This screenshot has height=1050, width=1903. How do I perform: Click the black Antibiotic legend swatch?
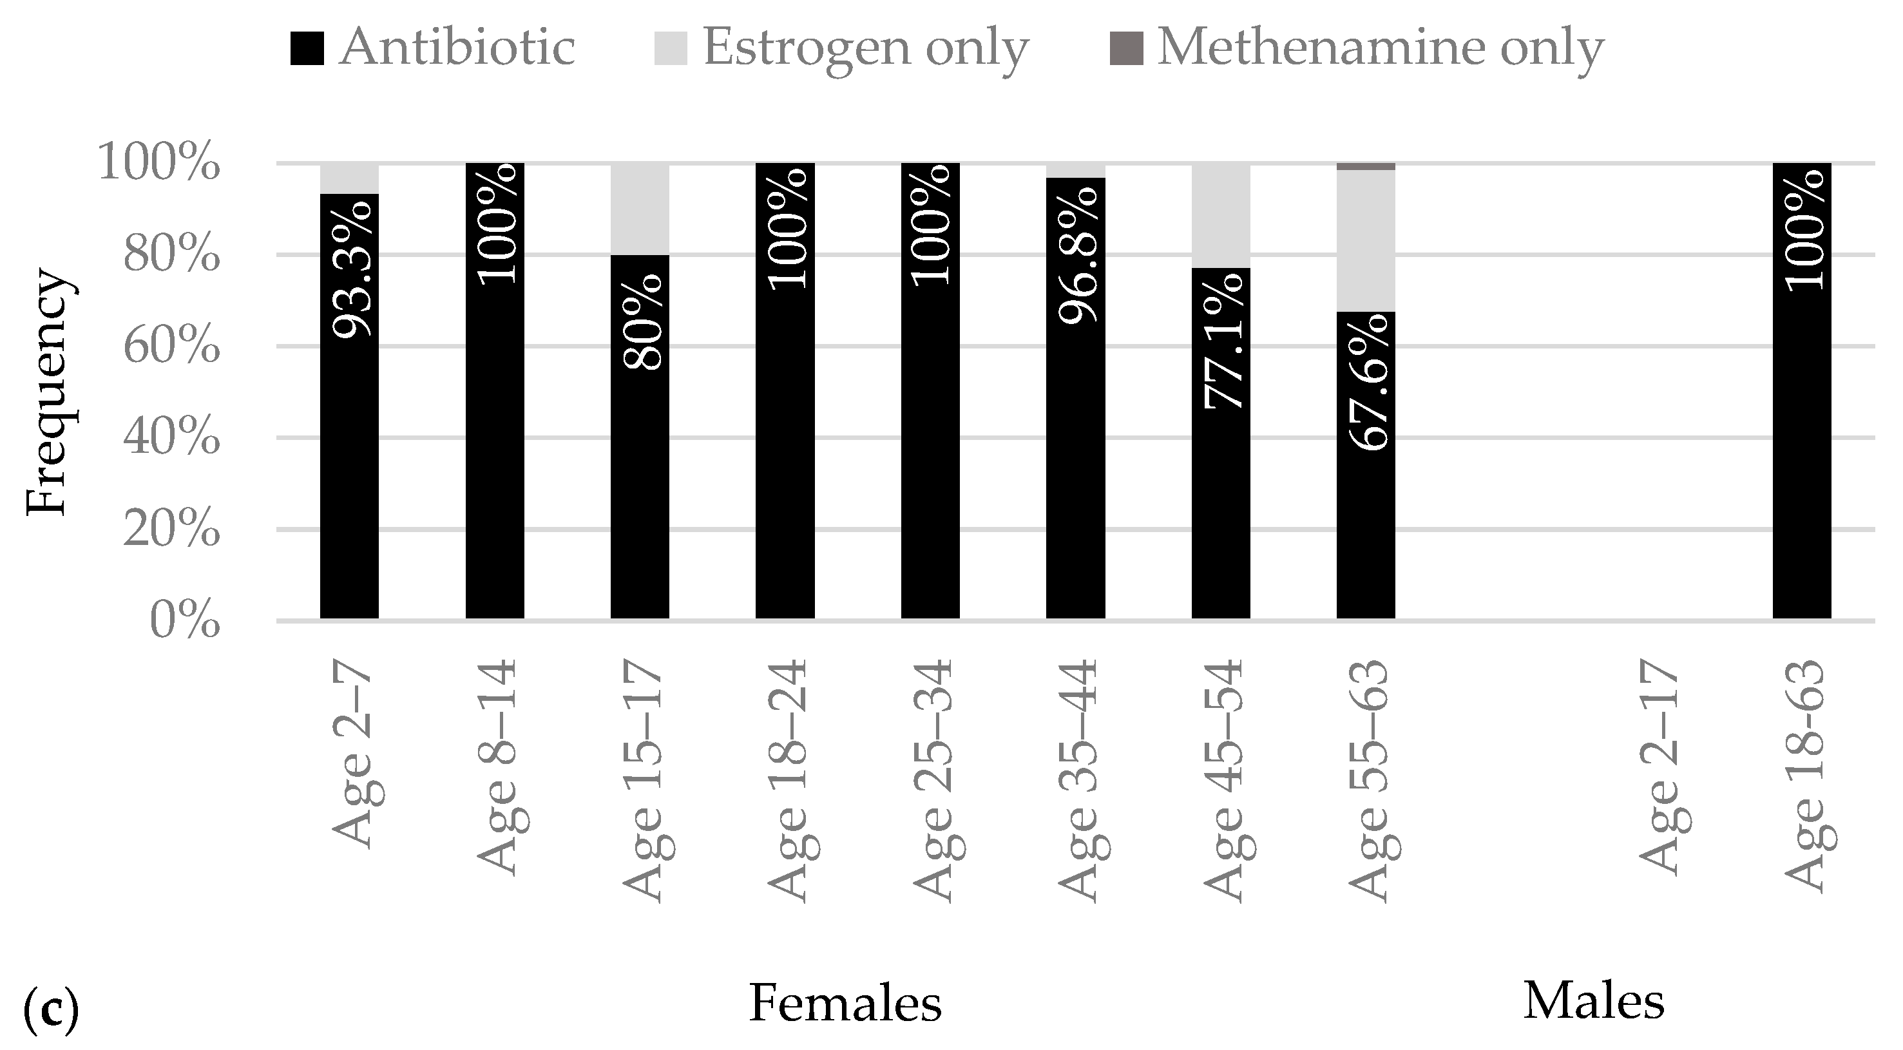click(x=307, y=49)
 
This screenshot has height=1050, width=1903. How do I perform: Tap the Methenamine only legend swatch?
click(x=1126, y=49)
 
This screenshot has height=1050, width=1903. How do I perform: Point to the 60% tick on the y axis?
click(x=171, y=347)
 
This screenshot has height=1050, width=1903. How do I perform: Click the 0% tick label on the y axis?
click(x=185, y=621)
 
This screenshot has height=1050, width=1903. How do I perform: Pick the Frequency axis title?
click(x=48, y=392)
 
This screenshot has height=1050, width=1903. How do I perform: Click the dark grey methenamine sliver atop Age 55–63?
click(x=1366, y=166)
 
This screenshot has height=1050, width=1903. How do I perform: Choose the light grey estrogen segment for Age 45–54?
click(x=1221, y=215)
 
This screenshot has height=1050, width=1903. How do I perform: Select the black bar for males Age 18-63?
click(x=1802, y=443)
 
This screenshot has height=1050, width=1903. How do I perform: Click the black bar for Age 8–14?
click(x=495, y=443)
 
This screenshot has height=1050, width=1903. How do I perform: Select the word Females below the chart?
click(x=845, y=1004)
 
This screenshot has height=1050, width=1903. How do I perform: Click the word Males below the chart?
click(x=1594, y=1001)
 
